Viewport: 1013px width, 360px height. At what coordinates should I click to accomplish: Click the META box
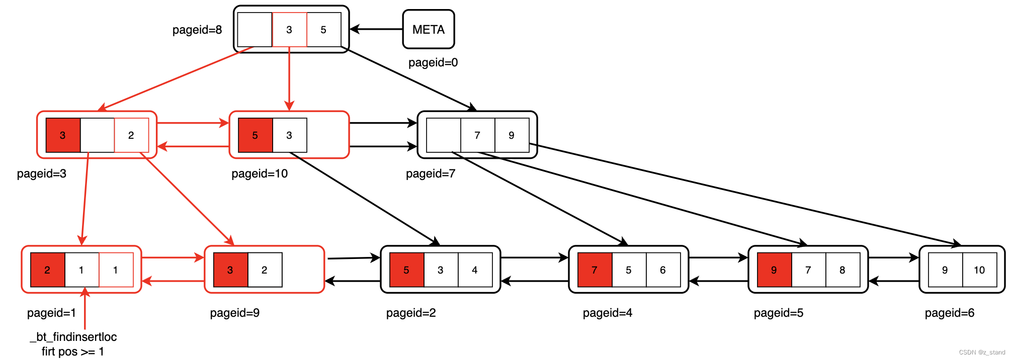(428, 30)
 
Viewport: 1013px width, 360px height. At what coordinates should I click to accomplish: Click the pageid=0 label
(433, 62)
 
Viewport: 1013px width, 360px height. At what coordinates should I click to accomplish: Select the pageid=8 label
(197, 30)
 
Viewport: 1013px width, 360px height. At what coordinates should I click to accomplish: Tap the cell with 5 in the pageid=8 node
(323, 30)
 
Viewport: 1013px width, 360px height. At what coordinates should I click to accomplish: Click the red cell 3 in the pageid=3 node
(63, 135)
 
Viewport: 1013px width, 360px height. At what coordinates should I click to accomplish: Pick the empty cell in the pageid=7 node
(443, 135)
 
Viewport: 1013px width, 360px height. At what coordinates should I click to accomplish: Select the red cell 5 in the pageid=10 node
(255, 135)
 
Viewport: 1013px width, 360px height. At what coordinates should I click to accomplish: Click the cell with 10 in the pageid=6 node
(979, 270)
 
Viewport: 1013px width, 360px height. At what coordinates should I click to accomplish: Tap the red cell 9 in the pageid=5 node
(774, 270)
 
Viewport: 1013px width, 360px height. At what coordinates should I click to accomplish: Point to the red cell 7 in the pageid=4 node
(595, 270)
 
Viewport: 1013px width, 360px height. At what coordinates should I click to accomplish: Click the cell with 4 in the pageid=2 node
(474, 270)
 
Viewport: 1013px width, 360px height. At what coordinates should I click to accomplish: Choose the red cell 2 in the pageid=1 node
(47, 270)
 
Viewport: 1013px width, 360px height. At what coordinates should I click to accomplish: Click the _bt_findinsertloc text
(73, 337)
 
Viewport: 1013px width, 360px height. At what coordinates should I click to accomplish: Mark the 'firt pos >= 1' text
(73, 351)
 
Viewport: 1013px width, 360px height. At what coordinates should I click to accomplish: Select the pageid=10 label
(259, 173)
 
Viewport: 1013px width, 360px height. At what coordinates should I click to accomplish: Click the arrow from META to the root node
(376, 29)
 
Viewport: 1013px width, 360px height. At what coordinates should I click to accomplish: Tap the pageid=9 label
(234, 313)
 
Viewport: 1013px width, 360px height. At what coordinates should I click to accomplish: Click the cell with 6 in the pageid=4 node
(662, 270)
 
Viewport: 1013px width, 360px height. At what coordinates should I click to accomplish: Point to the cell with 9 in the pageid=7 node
(512, 135)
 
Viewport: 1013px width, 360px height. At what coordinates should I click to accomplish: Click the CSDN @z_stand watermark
(981, 352)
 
